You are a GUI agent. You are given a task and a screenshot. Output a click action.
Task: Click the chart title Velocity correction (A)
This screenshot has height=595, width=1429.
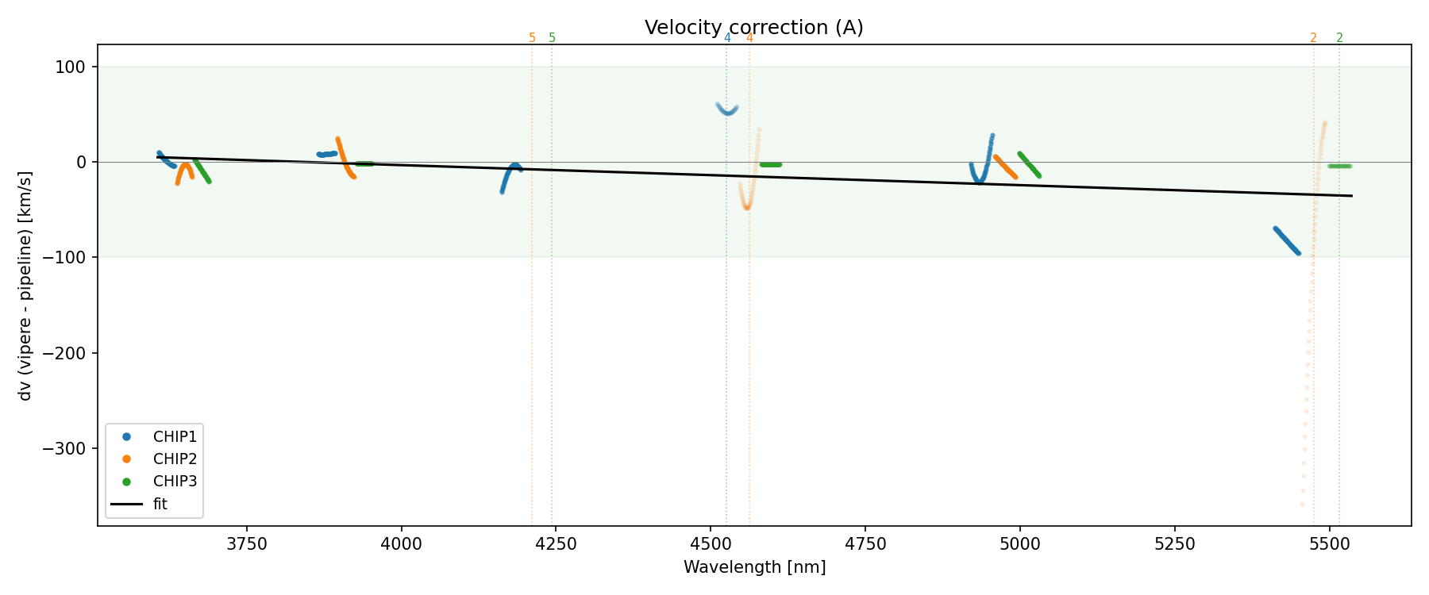[x=753, y=28]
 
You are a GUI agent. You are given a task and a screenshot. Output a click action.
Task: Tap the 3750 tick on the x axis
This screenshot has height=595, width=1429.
[x=247, y=544]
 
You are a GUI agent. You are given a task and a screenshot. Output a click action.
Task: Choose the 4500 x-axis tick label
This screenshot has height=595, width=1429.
[x=711, y=544]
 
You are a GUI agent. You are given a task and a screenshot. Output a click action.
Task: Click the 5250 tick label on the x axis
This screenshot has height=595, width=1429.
[x=1174, y=544]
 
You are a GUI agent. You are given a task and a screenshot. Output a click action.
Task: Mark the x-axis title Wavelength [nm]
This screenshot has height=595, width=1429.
[x=754, y=567]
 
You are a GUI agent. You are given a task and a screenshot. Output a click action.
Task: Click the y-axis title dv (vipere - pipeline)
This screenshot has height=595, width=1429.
[x=25, y=286]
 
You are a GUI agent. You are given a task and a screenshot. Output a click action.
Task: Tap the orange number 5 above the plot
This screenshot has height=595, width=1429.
[x=532, y=38]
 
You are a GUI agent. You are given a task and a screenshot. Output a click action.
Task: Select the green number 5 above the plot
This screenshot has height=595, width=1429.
[x=553, y=38]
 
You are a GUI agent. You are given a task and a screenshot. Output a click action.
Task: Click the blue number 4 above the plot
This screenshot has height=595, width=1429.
[x=727, y=38]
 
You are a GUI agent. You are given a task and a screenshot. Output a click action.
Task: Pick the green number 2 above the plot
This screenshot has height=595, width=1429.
[x=1339, y=38]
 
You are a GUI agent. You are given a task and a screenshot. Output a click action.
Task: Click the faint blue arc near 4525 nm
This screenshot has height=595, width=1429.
[x=727, y=110]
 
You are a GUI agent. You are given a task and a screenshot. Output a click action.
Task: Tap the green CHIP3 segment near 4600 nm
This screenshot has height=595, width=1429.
[x=770, y=164]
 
